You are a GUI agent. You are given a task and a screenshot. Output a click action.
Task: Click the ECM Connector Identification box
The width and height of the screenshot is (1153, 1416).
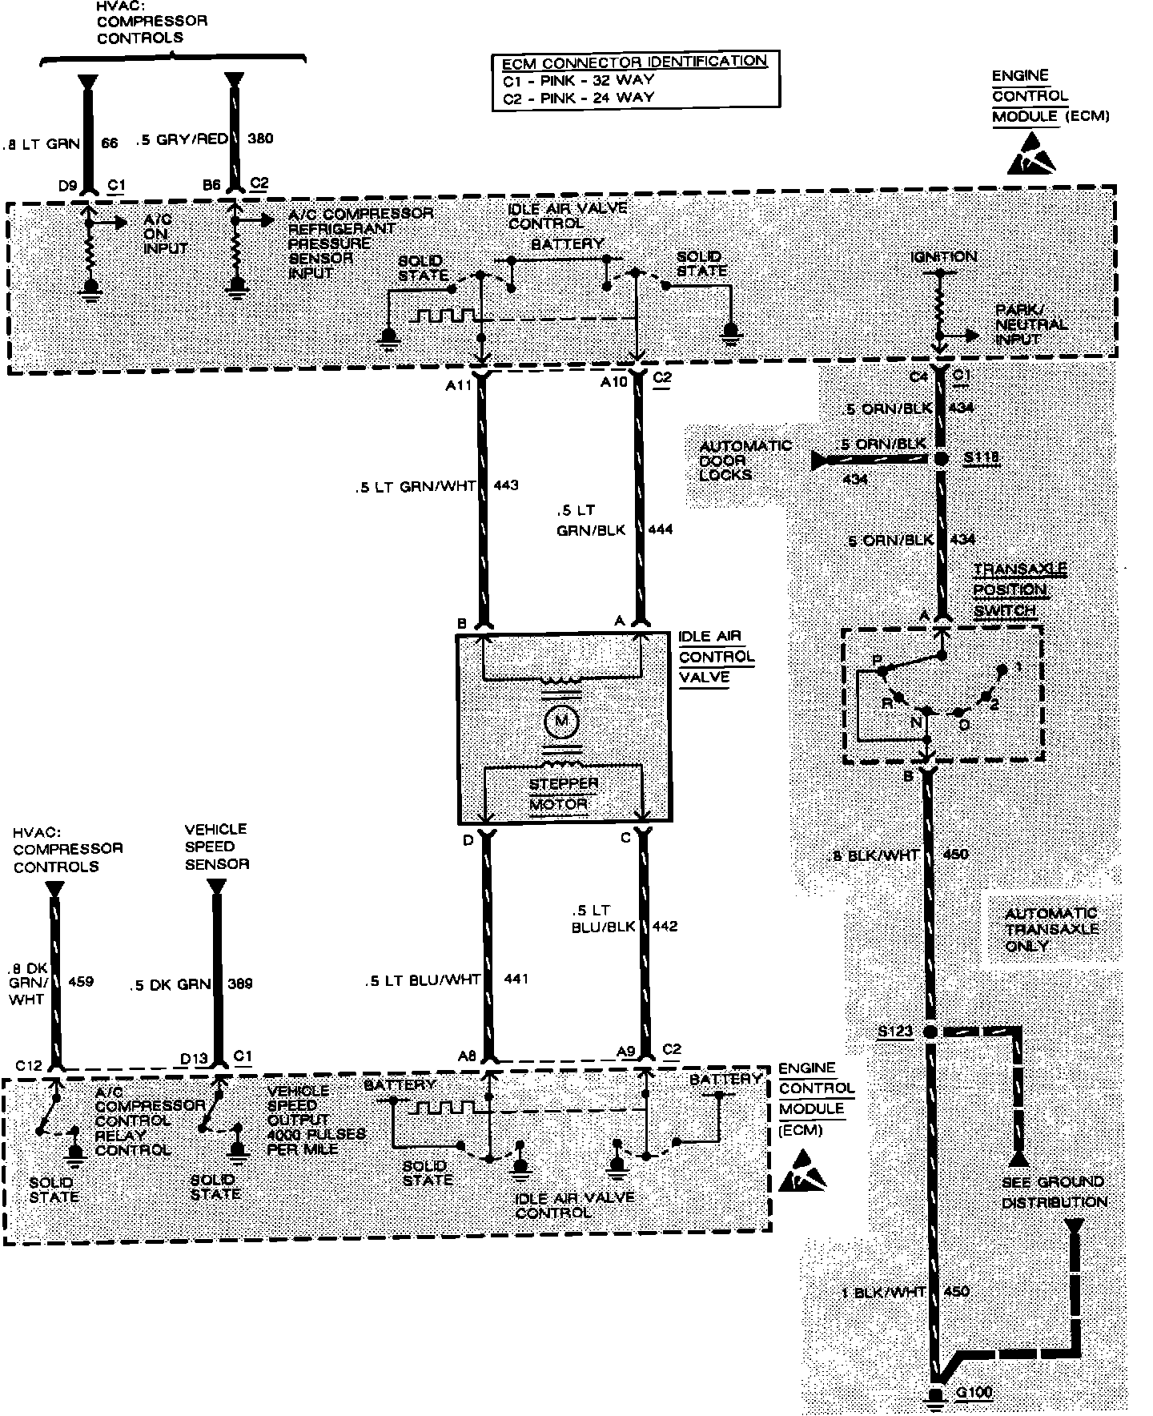point(634,80)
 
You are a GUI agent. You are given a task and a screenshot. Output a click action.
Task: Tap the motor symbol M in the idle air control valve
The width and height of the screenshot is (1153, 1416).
point(560,722)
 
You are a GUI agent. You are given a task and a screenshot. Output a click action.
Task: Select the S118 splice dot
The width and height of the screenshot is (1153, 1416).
point(942,459)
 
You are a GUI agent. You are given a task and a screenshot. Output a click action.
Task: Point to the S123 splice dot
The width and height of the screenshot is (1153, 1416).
point(930,1032)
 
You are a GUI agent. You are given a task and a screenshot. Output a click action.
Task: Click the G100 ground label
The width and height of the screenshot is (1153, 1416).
point(974,1392)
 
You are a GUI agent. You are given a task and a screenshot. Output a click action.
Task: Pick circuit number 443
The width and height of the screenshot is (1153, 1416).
point(506,485)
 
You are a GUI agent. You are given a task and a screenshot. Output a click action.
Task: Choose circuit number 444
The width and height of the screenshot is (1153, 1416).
point(661,529)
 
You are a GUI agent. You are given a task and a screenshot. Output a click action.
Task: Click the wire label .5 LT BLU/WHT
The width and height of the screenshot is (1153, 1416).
point(422,979)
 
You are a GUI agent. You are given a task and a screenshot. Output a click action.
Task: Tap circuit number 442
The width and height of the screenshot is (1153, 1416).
point(665,926)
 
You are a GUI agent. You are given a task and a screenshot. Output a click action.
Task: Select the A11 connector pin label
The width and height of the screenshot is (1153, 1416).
point(458,384)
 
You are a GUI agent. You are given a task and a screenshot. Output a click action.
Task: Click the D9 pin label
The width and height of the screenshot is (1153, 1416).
point(67,186)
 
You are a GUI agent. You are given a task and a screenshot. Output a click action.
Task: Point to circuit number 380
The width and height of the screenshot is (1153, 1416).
point(260,138)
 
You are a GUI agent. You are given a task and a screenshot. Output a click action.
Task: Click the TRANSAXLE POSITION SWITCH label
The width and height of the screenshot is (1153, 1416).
point(1010,589)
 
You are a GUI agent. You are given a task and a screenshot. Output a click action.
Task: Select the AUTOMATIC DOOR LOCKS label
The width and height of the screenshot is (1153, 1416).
point(734,460)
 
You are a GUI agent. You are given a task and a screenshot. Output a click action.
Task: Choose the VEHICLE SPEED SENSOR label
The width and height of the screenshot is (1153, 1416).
point(217,847)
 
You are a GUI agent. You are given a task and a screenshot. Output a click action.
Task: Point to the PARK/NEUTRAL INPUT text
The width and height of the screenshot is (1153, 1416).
point(1031,324)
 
